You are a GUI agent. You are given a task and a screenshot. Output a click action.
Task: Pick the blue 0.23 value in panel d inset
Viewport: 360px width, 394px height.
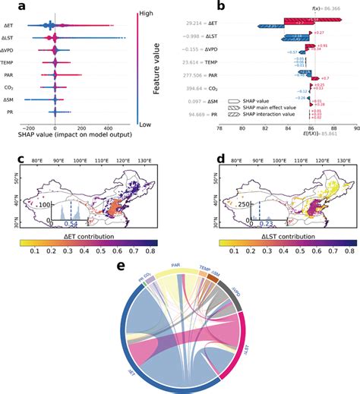267,223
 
